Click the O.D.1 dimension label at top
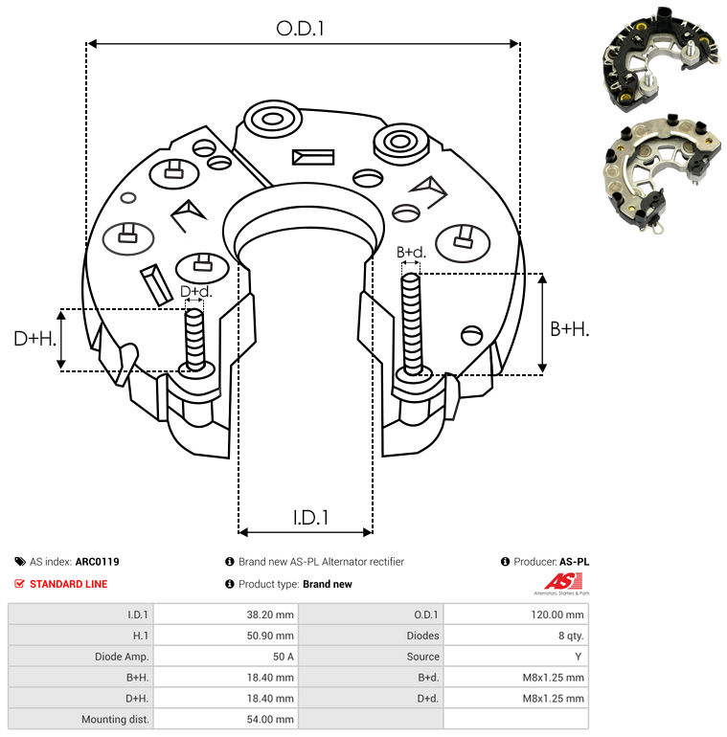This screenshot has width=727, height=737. coord(301,29)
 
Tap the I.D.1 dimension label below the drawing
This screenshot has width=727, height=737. coord(310,518)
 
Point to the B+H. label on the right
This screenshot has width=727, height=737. coord(570,328)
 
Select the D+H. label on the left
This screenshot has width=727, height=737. coord(35,338)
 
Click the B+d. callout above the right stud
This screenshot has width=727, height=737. coord(411,253)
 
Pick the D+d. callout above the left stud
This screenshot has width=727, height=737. coord(195,292)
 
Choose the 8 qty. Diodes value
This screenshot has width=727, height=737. coord(569,636)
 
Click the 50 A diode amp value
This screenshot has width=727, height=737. coord(284,657)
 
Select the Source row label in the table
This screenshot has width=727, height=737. coord(422,657)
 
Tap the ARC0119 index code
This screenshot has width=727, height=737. coord(97,562)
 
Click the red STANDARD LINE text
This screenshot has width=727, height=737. coord(68,584)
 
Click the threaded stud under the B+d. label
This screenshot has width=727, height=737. coord(412,324)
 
